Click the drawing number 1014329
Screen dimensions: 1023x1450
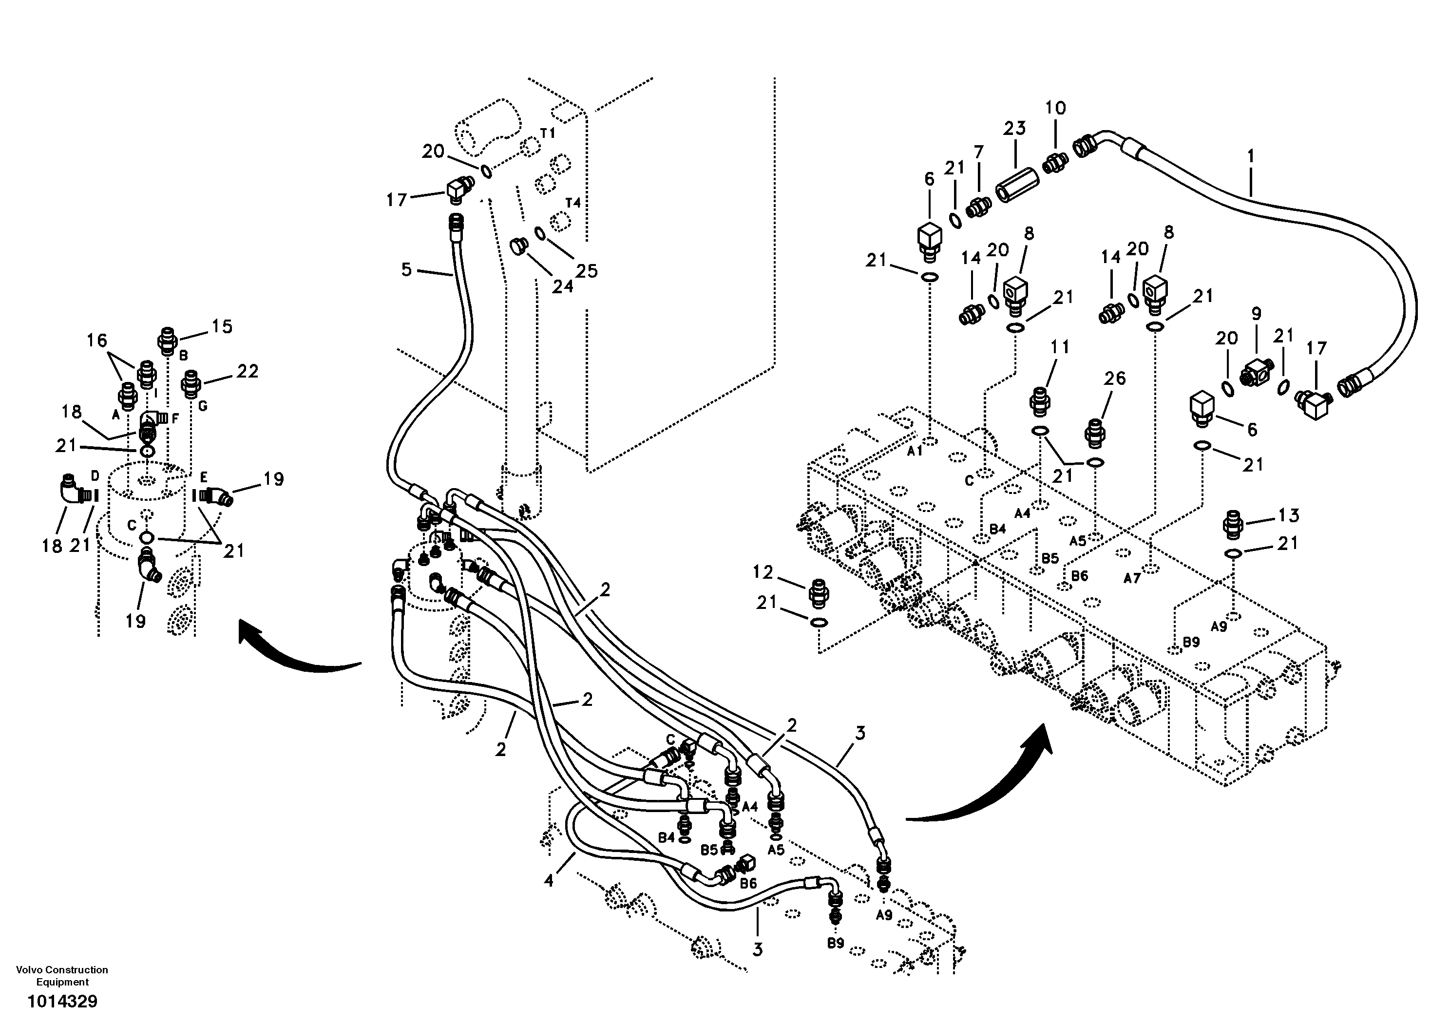tap(62, 1002)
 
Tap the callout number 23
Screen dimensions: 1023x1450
tap(1014, 128)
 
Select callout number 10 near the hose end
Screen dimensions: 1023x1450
tap(1055, 108)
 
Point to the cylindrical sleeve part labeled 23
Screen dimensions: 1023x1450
tap(1011, 184)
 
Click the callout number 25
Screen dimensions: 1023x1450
tap(587, 271)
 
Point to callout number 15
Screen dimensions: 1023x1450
tap(222, 326)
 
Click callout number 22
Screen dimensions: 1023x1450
tap(248, 371)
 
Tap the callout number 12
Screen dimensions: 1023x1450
tap(763, 572)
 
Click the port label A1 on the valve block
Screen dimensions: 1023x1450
tap(915, 452)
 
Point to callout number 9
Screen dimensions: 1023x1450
tap(1256, 314)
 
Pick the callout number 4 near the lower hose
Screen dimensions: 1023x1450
tap(549, 880)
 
